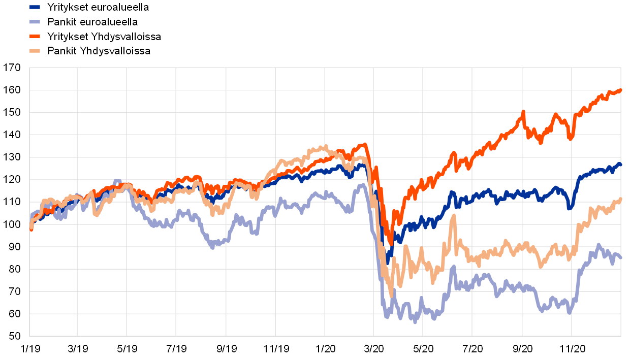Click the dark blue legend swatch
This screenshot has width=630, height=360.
(35, 7)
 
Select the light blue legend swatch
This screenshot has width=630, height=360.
(35, 22)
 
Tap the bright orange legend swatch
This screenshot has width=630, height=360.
(35, 36)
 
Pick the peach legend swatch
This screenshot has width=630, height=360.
(35, 51)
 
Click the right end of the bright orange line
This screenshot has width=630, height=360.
(620, 90)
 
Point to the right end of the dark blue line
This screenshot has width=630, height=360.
(620, 164)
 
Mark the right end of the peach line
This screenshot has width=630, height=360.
(620, 199)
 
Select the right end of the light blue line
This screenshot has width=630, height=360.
(620, 257)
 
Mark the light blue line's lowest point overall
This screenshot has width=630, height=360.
(415, 321)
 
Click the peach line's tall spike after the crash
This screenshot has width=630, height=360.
(453, 216)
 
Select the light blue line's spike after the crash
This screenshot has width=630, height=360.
(453, 267)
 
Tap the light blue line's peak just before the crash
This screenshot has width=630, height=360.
(362, 185)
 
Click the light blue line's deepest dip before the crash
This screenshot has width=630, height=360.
(213, 247)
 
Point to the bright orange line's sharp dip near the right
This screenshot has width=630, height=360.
(571, 138)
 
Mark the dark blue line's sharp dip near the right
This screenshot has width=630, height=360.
(570, 208)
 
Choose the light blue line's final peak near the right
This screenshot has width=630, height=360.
(598, 245)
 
